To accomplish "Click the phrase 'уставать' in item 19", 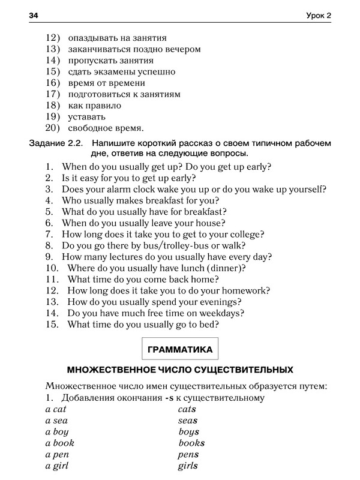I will [86, 116].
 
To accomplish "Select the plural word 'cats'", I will [187, 409].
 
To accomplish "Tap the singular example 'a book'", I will [60, 443].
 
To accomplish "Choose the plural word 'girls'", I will [188, 466].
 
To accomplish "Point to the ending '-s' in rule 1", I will [168, 398].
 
